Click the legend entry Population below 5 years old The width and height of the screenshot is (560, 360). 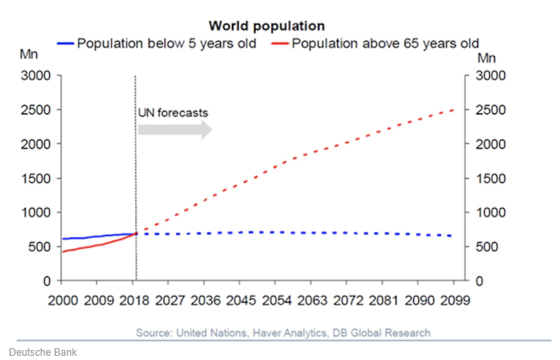tap(151, 43)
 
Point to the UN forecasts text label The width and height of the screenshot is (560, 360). tap(173, 111)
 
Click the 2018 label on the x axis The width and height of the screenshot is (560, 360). tap(136, 300)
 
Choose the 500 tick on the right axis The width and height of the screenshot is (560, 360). tap(486, 247)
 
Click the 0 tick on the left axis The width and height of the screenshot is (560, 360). tap(47, 281)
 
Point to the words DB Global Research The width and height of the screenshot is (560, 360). tap(380, 333)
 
